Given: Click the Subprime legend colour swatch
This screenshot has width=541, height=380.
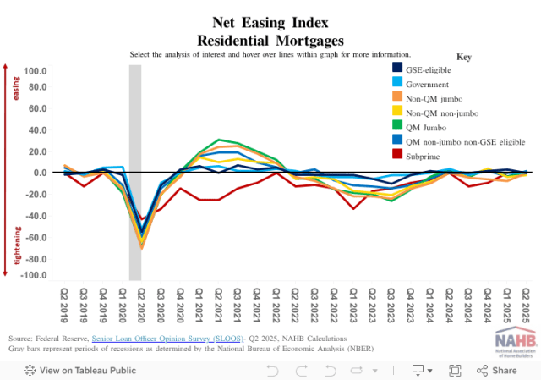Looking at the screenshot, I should (397, 156).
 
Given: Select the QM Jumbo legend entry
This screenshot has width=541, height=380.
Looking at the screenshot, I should (428, 126).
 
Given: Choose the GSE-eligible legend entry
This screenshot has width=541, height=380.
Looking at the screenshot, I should (429, 69).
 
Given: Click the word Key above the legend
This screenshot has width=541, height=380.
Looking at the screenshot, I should (463, 56).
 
